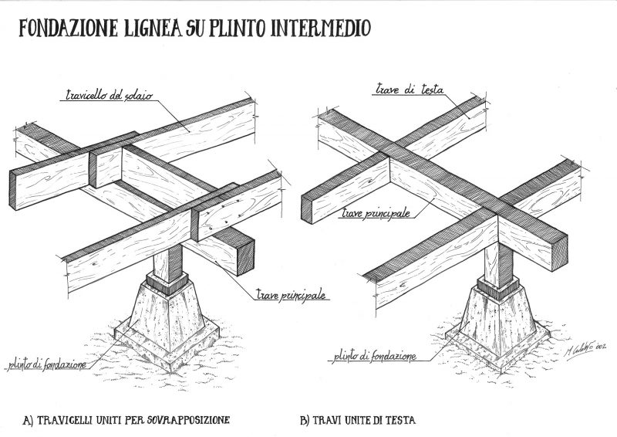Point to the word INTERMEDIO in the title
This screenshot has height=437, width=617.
pos(323,29)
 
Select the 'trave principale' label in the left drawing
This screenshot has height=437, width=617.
pos(291,294)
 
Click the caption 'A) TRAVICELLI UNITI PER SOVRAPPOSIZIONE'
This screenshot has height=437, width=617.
pos(127,421)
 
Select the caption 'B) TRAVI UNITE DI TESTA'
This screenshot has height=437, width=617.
pos(357,421)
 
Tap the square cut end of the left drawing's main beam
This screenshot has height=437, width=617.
pos(244,256)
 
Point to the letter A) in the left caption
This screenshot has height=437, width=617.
pos(28,421)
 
